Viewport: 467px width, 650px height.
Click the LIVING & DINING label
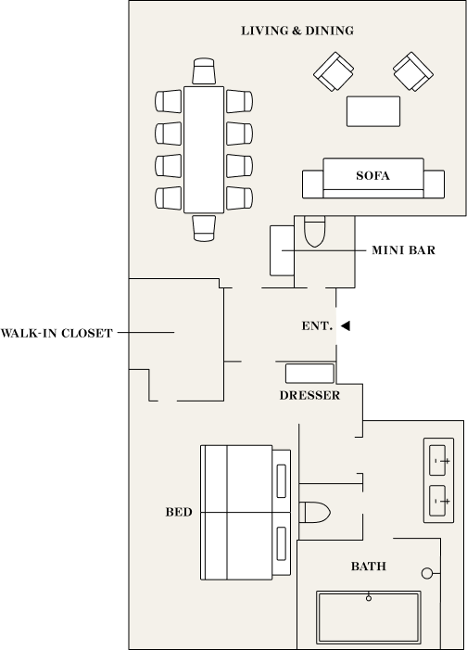pos(297,31)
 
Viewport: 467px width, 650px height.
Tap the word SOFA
pos(372,176)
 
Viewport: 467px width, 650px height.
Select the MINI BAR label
pos(404,250)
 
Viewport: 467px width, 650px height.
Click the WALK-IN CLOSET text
pos(57,333)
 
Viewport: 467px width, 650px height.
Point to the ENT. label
pos(317,325)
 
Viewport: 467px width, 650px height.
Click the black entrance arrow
pos(346,325)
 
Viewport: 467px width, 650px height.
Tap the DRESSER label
pos(309,396)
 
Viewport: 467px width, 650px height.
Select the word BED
pos(179,513)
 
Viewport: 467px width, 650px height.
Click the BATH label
pos(369,567)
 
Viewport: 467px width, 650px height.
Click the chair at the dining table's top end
pos(204,71)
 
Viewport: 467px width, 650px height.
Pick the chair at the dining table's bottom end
pos(204,228)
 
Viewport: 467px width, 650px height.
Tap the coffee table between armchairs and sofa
pos(373,111)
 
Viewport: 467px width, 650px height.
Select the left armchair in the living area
pos(334,71)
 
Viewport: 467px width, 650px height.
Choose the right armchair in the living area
pos(413,71)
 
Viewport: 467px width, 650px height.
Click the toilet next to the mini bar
pos(314,231)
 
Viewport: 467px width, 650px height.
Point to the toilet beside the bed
pos(314,513)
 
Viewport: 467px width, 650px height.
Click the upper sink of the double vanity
pos(437,460)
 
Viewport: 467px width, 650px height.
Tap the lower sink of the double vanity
pos(437,501)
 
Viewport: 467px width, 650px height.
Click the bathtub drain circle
pos(369,598)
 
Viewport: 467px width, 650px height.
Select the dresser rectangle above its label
pos(309,374)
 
